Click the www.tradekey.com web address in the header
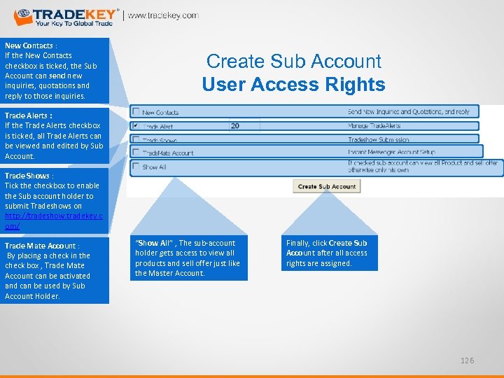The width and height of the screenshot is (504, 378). [162, 15]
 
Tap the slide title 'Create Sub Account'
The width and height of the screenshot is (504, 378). [294, 62]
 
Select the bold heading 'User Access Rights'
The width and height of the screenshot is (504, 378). [294, 85]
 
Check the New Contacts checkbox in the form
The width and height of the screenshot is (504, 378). [136, 112]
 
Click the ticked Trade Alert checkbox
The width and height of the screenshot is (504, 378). [136, 126]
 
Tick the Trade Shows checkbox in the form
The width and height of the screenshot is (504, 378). [136, 140]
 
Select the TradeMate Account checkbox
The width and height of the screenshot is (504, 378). [136, 153]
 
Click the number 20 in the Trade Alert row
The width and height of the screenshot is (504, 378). [234, 126]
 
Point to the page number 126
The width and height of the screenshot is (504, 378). [467, 360]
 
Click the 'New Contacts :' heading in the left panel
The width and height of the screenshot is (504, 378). [31, 45]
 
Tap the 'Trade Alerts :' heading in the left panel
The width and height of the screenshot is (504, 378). [29, 115]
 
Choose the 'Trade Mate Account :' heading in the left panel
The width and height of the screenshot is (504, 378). [42, 246]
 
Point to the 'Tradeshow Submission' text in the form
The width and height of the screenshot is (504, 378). [379, 140]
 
